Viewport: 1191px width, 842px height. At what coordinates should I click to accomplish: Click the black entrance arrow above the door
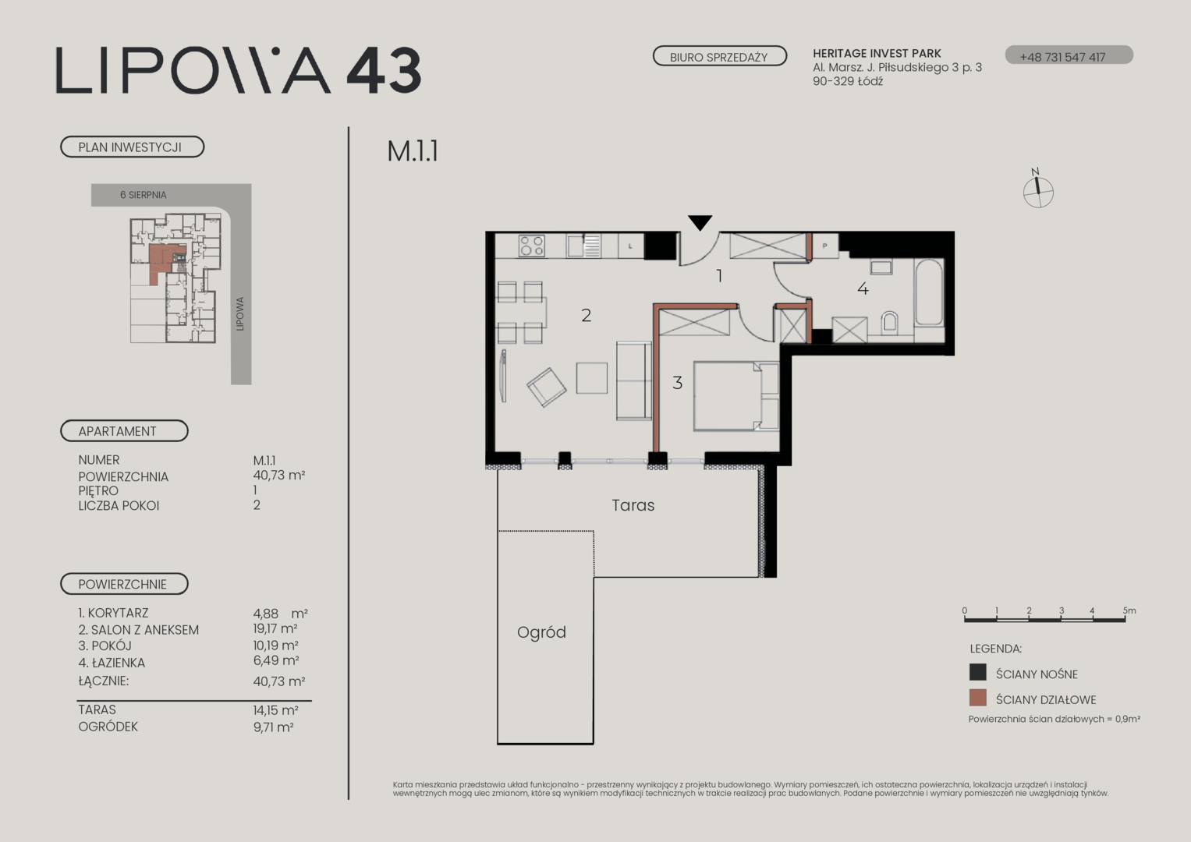tap(700, 222)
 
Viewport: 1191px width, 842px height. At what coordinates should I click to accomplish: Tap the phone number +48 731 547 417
tap(1062, 57)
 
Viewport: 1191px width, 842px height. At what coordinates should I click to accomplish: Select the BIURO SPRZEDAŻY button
tap(719, 56)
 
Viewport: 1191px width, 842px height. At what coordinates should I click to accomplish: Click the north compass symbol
tap(1037, 190)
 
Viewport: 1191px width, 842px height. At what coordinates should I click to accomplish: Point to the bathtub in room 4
tap(929, 292)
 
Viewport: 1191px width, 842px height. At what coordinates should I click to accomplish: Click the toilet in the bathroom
tap(889, 324)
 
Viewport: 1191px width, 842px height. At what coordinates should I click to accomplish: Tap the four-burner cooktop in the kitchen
tap(532, 246)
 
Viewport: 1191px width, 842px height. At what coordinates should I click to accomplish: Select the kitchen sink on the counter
tap(584, 246)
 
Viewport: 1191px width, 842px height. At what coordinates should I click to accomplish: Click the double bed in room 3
tap(736, 396)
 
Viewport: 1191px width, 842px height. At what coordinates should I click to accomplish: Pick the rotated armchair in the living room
tap(547, 387)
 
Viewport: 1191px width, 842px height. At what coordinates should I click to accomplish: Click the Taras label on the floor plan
tap(633, 505)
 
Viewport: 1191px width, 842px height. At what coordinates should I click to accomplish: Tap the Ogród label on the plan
tap(541, 632)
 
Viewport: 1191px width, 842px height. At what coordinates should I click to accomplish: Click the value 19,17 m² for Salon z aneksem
tap(275, 629)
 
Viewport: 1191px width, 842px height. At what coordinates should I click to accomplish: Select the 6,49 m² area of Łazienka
tap(276, 661)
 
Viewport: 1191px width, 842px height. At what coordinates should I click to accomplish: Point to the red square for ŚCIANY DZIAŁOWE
tap(978, 698)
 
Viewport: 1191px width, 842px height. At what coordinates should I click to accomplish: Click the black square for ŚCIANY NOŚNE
tap(978, 672)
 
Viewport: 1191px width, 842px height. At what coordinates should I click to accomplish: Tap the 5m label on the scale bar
tap(1129, 610)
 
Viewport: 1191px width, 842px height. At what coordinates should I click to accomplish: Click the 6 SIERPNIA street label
tap(143, 195)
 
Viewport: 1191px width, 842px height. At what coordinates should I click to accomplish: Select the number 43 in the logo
tap(384, 71)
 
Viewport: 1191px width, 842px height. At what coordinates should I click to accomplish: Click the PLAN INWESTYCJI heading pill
tap(132, 147)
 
